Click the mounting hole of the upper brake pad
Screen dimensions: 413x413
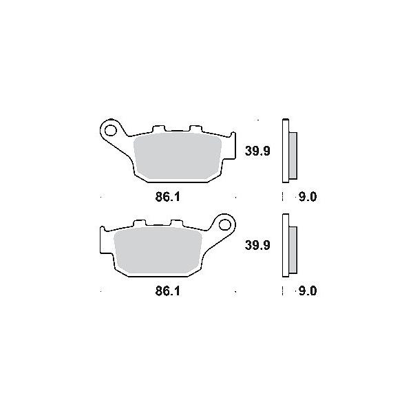coord(109,128)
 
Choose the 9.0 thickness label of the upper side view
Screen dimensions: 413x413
coord(308,197)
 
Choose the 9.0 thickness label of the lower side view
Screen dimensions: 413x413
coord(308,291)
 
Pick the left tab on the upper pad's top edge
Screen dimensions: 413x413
coord(157,129)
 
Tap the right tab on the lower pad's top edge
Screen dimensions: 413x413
coord(176,224)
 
